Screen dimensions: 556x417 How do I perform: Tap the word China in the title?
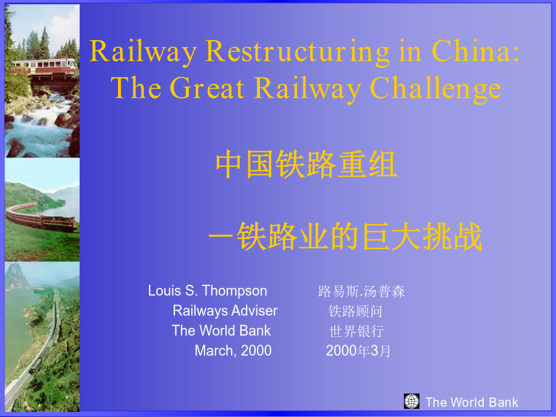click(x=476, y=51)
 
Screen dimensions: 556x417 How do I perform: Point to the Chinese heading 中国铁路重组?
click(x=306, y=164)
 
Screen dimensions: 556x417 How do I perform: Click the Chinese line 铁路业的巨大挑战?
click(x=359, y=236)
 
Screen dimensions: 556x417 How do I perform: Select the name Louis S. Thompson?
click(x=208, y=291)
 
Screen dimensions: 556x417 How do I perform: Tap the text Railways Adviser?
click(x=225, y=311)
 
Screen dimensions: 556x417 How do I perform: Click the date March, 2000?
click(x=233, y=351)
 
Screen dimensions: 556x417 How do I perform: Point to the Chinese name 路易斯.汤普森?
click(x=361, y=291)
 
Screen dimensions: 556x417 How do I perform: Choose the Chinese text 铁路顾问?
click(x=355, y=311)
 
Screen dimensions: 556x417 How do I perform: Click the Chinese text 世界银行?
click(x=356, y=331)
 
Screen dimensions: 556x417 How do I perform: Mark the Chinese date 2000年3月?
click(x=358, y=351)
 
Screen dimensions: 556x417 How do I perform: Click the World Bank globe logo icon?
click(x=411, y=401)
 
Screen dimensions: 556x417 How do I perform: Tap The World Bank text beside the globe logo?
click(x=471, y=402)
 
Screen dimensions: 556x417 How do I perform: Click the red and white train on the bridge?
click(x=44, y=66)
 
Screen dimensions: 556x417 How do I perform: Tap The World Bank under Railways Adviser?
click(x=221, y=331)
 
